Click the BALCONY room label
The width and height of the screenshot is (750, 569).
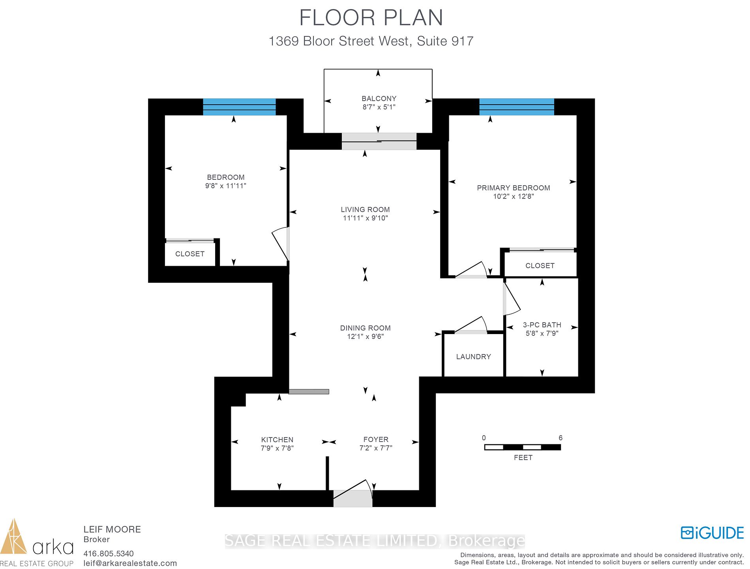(379, 98)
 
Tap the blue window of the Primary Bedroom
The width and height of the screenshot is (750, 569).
(517, 107)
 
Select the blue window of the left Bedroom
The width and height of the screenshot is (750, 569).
(239, 107)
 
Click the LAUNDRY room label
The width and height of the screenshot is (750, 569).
(473, 357)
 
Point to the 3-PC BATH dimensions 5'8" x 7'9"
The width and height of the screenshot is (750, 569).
(542, 333)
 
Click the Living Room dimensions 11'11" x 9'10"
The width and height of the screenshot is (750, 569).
(366, 218)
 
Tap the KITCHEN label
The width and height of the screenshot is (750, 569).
(277, 439)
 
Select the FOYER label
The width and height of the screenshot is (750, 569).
(376, 439)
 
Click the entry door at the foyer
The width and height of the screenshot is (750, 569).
(353, 494)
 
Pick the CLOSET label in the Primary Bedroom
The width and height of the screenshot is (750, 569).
(540, 266)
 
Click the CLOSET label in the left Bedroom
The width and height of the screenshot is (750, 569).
(190, 254)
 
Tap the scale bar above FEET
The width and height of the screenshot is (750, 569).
(523, 447)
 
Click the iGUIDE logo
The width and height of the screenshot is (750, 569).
(712, 533)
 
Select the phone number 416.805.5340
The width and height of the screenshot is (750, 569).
(109, 554)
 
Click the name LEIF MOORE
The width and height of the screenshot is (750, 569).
(112, 530)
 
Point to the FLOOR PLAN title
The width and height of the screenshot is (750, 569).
(371, 18)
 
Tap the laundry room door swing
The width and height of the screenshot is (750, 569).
(471, 325)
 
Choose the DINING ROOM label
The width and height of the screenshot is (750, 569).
(366, 328)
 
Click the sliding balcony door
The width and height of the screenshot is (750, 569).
(379, 141)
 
